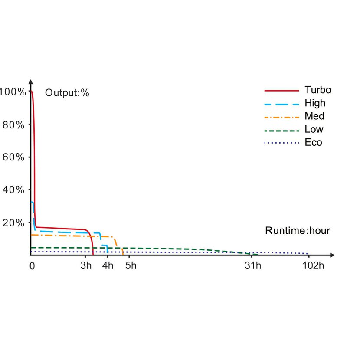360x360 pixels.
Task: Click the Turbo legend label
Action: click(317, 90)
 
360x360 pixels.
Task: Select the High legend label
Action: click(314, 103)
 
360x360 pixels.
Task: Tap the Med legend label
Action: click(314, 116)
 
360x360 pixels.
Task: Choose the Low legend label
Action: click(314, 129)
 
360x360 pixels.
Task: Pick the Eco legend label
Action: click(313, 142)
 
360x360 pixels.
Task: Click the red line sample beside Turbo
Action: click(281, 91)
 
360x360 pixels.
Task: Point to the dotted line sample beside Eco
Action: click(281, 143)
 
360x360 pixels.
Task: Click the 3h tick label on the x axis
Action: click(86, 265)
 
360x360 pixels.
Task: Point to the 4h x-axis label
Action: click(108, 265)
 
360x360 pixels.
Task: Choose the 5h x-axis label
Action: click(131, 265)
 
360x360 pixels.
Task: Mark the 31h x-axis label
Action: click(252, 265)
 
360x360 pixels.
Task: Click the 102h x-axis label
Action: click(313, 265)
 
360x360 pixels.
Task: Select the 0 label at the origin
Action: click(32, 265)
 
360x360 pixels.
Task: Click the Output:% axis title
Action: click(67, 93)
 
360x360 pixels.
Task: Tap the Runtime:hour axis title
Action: click(298, 231)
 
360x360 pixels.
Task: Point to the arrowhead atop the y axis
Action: click(31, 82)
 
